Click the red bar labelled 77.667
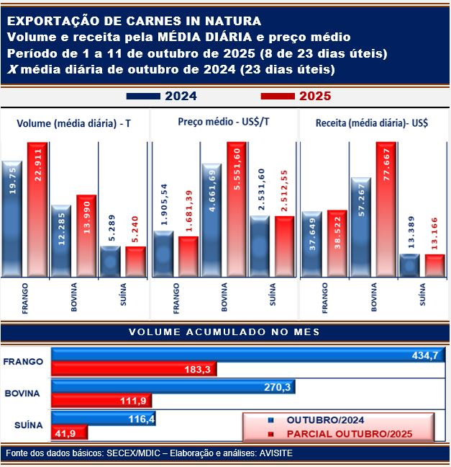[386, 209]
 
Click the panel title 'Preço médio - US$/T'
[224, 123]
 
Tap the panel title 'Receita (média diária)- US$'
[372, 123]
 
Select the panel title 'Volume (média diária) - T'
[73, 123]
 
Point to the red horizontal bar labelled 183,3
[135, 370]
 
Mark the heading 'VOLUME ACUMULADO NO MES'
[224, 332]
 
